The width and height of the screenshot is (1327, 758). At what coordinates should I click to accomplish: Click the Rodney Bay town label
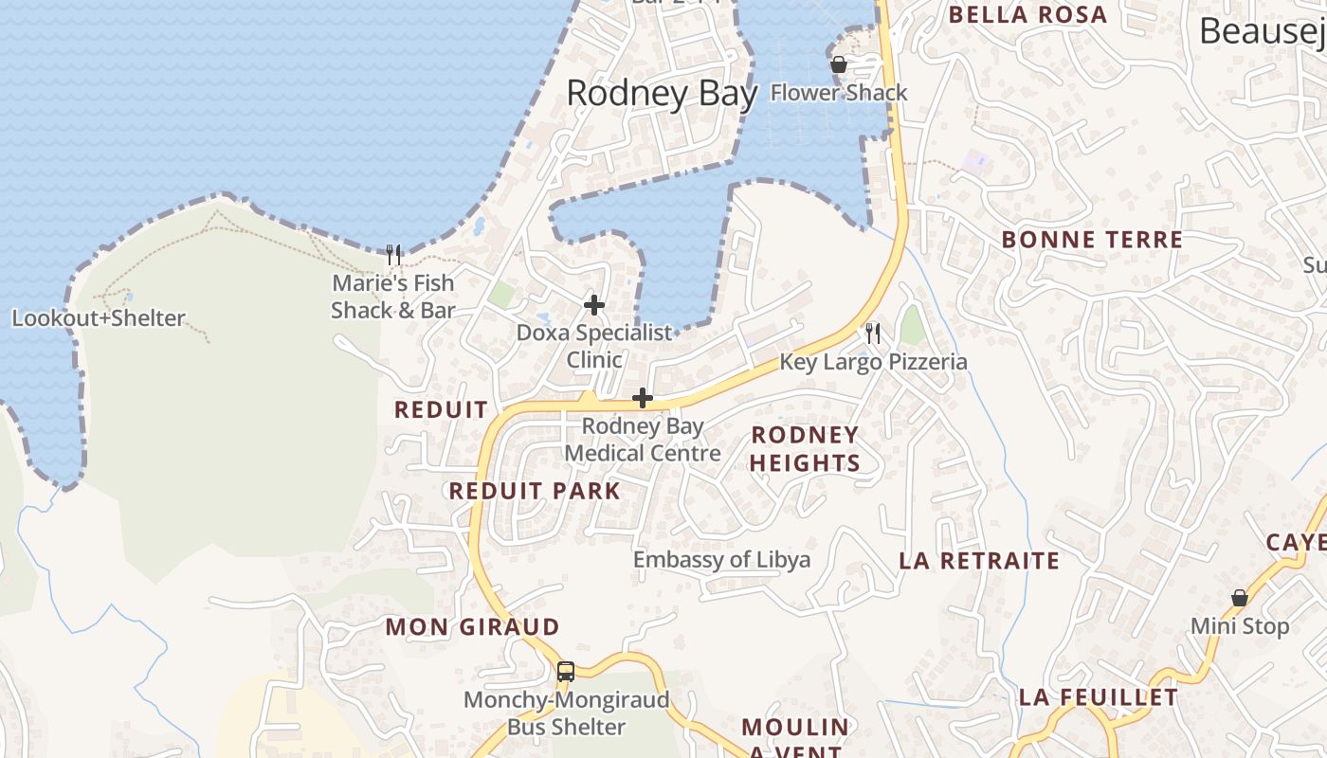click(662, 94)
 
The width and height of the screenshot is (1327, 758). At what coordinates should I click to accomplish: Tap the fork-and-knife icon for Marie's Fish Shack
click(393, 254)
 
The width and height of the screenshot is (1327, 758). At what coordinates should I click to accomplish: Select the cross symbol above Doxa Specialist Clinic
click(594, 305)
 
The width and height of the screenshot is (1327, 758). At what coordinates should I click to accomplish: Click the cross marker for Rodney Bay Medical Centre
click(643, 398)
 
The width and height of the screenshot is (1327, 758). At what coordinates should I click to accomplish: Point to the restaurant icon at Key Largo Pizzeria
click(873, 333)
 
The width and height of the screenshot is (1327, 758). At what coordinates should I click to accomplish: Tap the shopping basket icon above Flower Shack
click(839, 64)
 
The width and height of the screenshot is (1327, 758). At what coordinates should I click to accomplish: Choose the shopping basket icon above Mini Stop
click(1239, 598)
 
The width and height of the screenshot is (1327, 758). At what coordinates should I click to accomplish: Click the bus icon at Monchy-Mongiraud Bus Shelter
click(566, 672)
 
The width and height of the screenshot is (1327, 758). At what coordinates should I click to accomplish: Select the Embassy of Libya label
click(721, 559)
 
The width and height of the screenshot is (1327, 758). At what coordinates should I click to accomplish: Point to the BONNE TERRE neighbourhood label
click(1092, 240)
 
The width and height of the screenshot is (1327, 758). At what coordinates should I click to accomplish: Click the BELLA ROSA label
click(1027, 15)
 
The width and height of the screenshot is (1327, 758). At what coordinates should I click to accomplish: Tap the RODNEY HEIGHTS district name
click(805, 449)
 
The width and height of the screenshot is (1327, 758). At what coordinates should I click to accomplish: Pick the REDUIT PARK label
click(535, 491)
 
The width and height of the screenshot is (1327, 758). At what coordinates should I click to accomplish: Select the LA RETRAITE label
click(979, 561)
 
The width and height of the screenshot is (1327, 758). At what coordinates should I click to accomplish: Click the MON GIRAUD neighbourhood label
click(472, 627)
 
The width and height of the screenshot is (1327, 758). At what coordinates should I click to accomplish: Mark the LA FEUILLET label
click(1098, 698)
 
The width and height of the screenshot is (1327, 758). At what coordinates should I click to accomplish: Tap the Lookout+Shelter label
click(99, 318)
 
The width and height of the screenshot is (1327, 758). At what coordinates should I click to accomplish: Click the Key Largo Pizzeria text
click(873, 362)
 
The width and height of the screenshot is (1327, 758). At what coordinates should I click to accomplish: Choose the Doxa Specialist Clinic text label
click(594, 346)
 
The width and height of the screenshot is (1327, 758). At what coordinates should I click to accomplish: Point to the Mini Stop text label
click(1240, 626)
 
